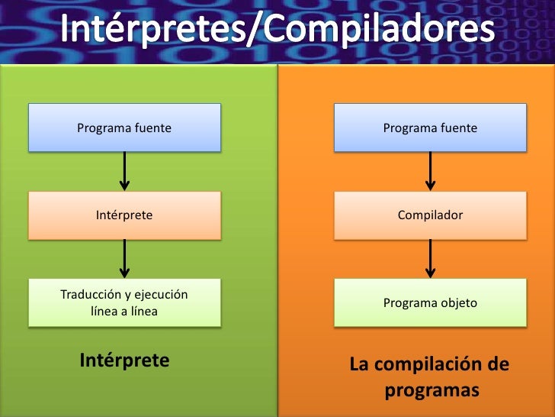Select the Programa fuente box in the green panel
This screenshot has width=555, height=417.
coord(124,128)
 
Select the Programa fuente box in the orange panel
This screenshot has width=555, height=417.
coord(430,128)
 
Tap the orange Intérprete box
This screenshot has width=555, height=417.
coord(124,215)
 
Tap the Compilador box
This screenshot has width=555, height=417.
coord(430,215)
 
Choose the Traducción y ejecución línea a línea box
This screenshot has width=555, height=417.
coord(124,303)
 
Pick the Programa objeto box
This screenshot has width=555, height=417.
coord(430,303)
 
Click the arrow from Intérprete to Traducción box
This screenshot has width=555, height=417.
coord(124,259)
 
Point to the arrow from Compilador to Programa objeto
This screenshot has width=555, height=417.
coord(430,259)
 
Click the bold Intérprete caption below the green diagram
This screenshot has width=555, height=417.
coord(124,360)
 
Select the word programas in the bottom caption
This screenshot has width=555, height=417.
coord(431,390)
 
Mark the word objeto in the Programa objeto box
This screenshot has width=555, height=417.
coord(457,303)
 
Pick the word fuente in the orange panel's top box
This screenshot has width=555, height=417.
coord(458,128)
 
